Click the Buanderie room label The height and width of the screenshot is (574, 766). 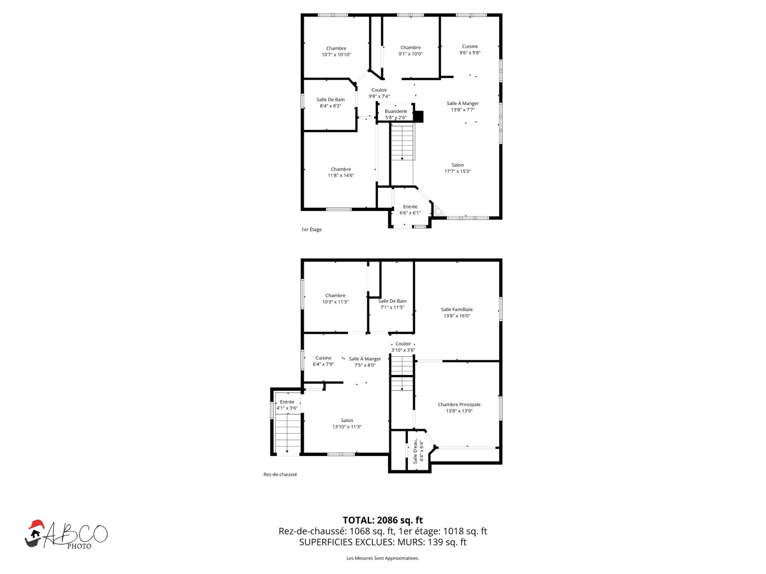(396, 114)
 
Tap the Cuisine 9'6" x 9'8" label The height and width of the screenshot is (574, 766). (470, 49)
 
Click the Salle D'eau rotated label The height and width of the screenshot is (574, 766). (418, 451)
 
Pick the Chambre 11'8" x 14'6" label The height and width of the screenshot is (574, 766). (341, 172)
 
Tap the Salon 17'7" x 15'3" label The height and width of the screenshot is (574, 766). (458, 168)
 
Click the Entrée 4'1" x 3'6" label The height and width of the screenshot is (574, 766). (287, 405)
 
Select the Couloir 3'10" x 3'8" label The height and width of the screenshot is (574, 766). (403, 347)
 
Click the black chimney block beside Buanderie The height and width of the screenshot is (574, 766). (418, 116)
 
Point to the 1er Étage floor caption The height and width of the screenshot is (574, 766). (312, 229)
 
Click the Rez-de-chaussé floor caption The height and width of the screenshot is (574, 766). (280, 474)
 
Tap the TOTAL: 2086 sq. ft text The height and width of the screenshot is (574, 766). (383, 520)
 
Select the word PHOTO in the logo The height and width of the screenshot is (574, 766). (79, 546)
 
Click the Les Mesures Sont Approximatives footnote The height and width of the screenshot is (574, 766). (383, 558)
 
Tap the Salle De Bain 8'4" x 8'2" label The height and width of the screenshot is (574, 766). (330, 103)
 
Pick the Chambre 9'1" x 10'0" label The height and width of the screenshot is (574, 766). (411, 51)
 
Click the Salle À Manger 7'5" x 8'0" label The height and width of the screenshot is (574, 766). (365, 362)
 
